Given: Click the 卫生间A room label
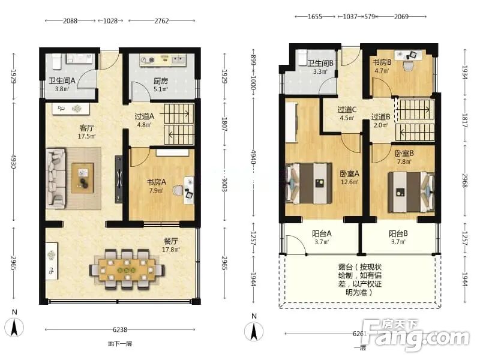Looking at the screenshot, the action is click(x=62, y=81).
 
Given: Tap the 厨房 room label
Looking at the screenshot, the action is click(x=161, y=81).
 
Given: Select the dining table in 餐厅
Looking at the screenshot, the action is click(x=127, y=269).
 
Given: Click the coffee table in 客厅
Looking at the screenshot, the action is click(x=83, y=178).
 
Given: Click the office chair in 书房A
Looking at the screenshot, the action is click(x=178, y=190).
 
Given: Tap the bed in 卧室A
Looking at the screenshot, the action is click(x=309, y=184).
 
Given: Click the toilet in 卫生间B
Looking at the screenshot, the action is click(x=302, y=57).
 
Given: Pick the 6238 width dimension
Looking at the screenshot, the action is click(x=120, y=329).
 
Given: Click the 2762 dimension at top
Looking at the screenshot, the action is click(x=161, y=21).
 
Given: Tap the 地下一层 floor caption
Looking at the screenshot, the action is click(x=120, y=344).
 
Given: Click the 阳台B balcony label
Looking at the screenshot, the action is click(x=398, y=233).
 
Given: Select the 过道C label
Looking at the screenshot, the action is click(x=347, y=110).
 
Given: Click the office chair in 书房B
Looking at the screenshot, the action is click(x=408, y=66).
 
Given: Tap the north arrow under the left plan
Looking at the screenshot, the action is click(x=14, y=327).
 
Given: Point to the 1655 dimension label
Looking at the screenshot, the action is click(x=314, y=17).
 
